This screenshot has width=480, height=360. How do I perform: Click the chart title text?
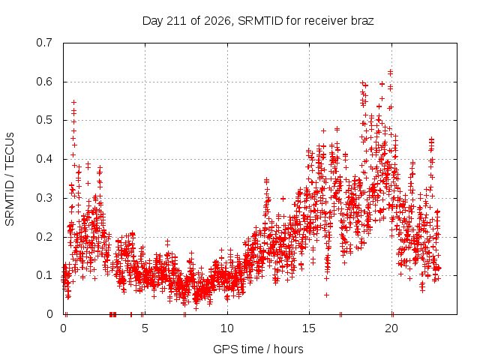258,21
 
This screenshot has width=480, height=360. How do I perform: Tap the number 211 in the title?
177,21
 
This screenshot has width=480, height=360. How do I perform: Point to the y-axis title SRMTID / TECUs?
10,179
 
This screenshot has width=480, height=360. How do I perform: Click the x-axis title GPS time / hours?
258,349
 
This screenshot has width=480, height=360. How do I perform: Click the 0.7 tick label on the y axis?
44,43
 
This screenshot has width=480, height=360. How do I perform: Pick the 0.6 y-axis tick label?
44,82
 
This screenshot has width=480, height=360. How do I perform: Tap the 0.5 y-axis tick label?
44,120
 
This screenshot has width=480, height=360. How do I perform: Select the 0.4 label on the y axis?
44,159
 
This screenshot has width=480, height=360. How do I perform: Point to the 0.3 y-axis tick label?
44,198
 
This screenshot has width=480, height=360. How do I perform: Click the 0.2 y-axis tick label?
44,237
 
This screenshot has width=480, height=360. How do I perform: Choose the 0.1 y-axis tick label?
44,275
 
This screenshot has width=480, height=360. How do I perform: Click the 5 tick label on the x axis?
145,328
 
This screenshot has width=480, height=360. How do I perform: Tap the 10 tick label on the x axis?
226,328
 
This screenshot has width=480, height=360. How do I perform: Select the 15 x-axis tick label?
309,328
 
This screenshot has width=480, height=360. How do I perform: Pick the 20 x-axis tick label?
391,328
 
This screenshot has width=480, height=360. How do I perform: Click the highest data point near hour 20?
390,72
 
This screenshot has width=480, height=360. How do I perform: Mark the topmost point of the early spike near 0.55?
73,102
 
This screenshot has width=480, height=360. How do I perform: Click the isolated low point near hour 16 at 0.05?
327,295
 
